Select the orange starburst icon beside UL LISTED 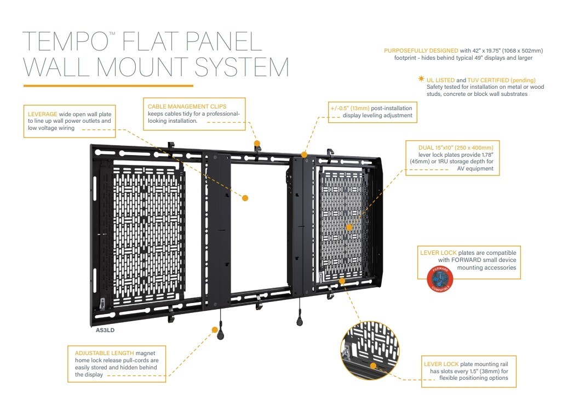point(421,80)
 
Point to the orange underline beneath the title point(108,85)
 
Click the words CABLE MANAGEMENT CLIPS point(187,106)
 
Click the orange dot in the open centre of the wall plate point(245,197)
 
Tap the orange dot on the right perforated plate point(349,227)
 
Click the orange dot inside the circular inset point(373,364)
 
